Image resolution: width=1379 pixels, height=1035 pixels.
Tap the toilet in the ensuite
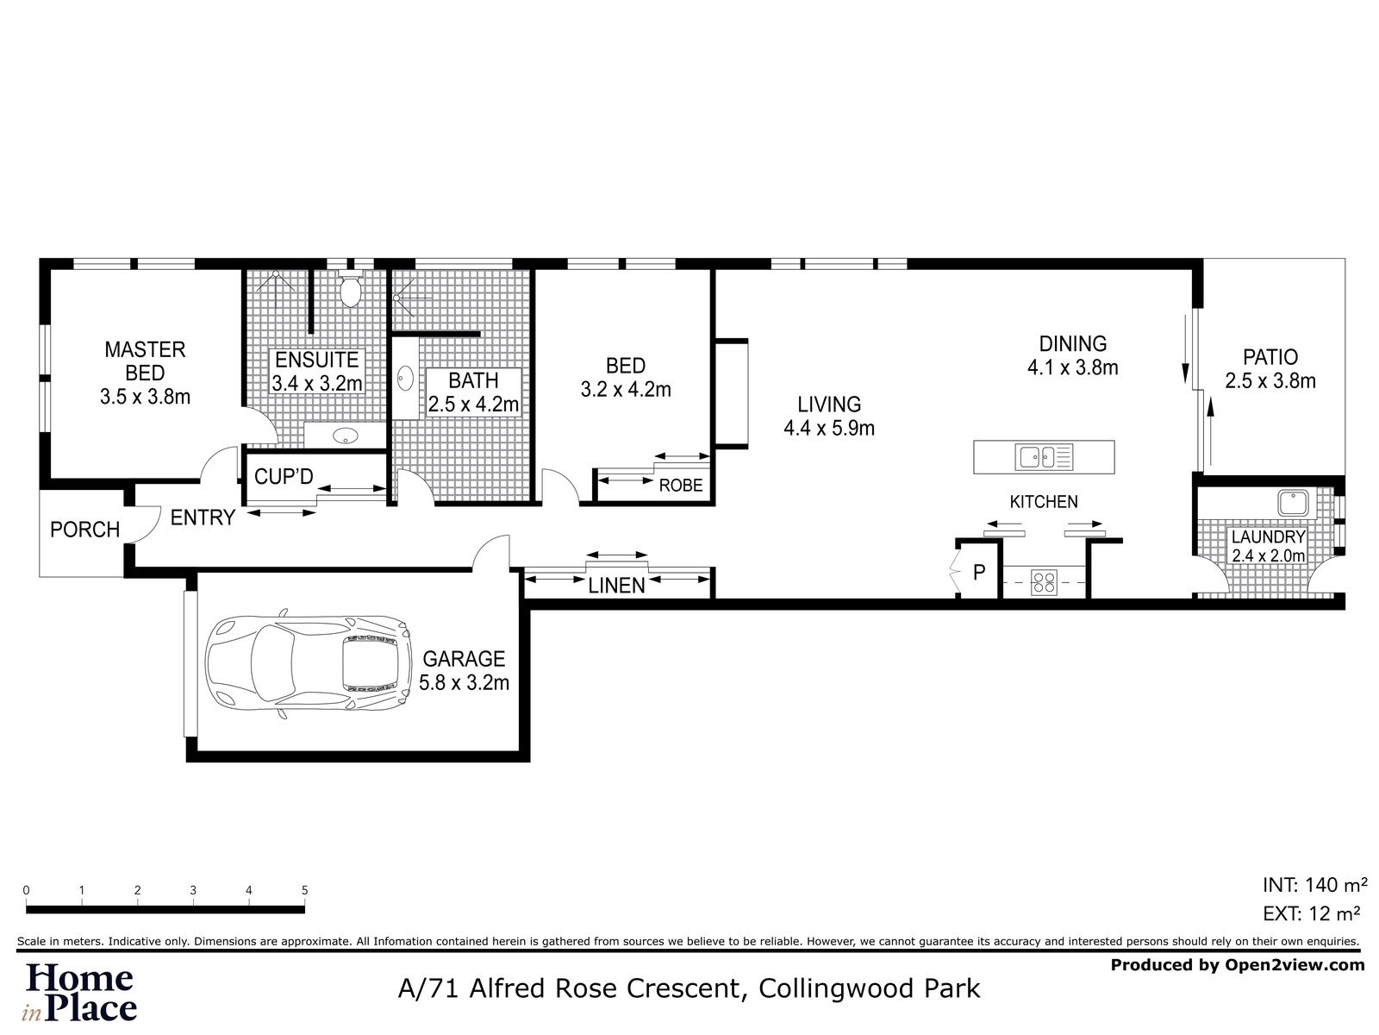350,292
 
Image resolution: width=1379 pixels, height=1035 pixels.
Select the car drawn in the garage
307,664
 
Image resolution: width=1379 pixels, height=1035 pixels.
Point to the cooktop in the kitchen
1044,584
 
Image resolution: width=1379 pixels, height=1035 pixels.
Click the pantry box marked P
978,572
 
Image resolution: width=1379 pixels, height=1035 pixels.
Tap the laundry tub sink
1293,504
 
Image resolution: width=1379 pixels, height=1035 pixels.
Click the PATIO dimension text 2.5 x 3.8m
1270,381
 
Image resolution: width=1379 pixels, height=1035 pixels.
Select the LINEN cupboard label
616,586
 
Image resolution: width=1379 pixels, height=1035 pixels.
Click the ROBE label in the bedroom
681,486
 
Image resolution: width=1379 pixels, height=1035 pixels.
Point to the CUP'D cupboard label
284,476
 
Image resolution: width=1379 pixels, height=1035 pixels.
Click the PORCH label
84,530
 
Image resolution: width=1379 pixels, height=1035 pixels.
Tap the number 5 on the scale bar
304,890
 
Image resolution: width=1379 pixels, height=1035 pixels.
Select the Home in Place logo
81,992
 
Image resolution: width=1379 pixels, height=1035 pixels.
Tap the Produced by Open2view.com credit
1237,965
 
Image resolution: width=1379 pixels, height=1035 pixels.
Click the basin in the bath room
405,378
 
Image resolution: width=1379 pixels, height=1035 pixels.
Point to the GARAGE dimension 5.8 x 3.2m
464,683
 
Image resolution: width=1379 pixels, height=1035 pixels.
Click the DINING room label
1072,343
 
